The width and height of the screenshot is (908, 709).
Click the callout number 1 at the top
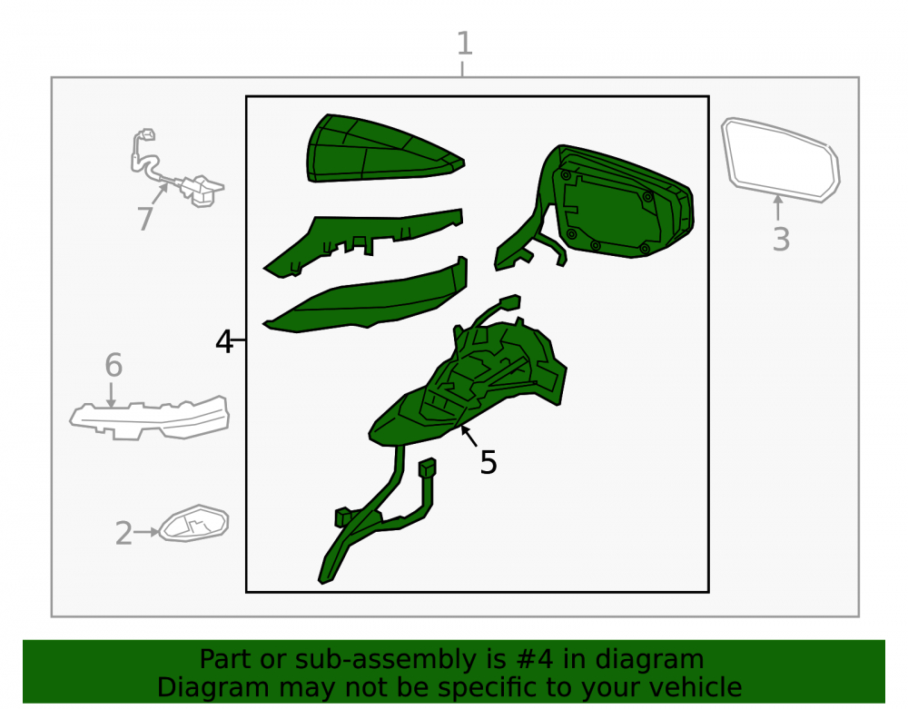[464, 44]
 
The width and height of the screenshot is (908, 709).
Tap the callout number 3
[781, 239]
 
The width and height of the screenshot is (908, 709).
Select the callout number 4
[223, 341]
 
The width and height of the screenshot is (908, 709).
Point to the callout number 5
[489, 462]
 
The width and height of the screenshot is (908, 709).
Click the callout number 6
[113, 365]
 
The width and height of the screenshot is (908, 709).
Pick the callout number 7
[144, 219]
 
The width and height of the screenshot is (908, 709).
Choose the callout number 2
[123, 533]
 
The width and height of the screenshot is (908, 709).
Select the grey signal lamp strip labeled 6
[150, 418]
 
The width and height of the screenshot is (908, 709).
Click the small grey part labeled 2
[193, 523]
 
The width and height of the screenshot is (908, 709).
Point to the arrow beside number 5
[469, 436]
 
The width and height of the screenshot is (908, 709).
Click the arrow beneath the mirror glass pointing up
[778, 207]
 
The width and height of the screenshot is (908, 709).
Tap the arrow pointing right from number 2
[146, 532]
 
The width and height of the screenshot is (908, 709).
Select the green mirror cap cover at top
[382, 149]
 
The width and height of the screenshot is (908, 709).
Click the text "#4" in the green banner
[531, 659]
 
